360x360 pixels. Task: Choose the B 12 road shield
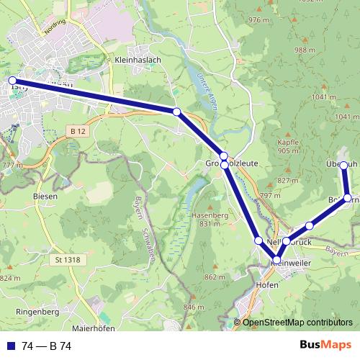(78, 130)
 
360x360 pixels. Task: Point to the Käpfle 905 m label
(287, 146)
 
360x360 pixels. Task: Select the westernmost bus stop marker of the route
(12, 81)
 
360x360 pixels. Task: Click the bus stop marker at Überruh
(343, 166)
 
